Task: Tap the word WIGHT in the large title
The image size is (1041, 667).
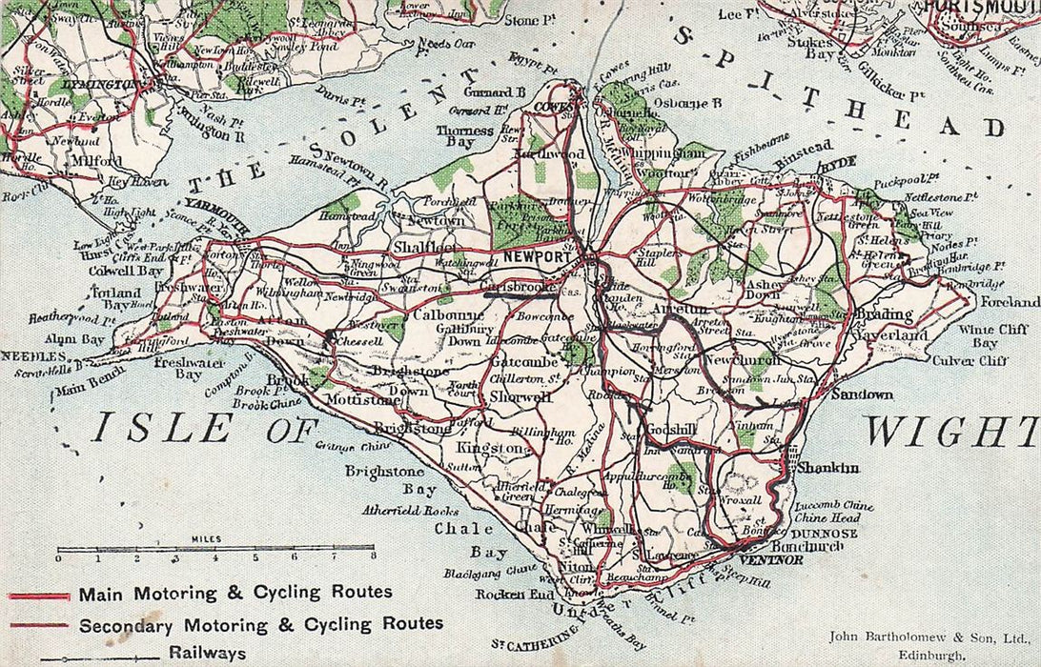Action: point(949,431)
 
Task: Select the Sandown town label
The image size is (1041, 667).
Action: point(862,394)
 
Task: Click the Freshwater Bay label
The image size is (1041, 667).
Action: point(175,368)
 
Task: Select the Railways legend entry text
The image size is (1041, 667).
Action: point(208,653)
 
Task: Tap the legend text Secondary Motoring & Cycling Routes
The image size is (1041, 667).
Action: point(261,624)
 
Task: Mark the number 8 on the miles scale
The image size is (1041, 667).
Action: point(373,557)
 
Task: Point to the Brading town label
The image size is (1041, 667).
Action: point(881,314)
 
